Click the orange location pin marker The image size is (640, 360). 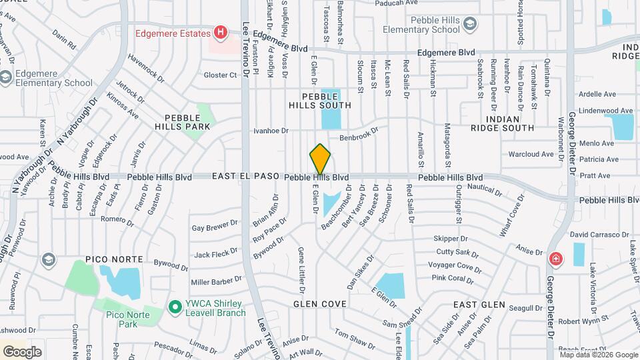(320, 159)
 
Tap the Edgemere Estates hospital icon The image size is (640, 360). (220, 32)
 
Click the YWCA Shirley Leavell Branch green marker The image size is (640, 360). (175, 307)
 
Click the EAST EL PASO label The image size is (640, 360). (246, 177)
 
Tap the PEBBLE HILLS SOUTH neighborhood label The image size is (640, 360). (320, 101)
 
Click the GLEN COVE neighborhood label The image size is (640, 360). (320, 304)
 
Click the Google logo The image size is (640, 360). (22, 351)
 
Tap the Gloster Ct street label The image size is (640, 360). (221, 75)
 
